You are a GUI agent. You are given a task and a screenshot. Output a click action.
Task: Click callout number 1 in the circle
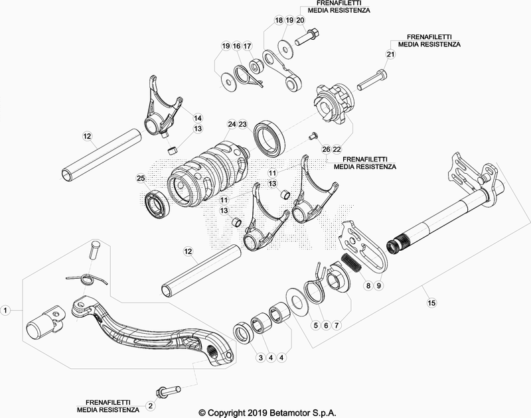point(6,310)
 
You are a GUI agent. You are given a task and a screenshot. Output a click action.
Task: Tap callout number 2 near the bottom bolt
point(151,405)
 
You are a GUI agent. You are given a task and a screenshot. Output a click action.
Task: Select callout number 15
point(432,303)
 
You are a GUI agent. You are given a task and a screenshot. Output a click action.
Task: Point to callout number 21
point(390,54)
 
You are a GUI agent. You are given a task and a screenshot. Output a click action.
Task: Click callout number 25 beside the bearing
point(140,178)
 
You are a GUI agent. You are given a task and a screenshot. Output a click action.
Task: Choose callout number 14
point(179,118)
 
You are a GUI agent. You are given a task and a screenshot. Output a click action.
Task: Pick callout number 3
point(262,358)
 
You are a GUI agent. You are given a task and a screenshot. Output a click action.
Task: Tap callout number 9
point(379,285)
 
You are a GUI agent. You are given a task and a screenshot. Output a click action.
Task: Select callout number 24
point(231,124)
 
